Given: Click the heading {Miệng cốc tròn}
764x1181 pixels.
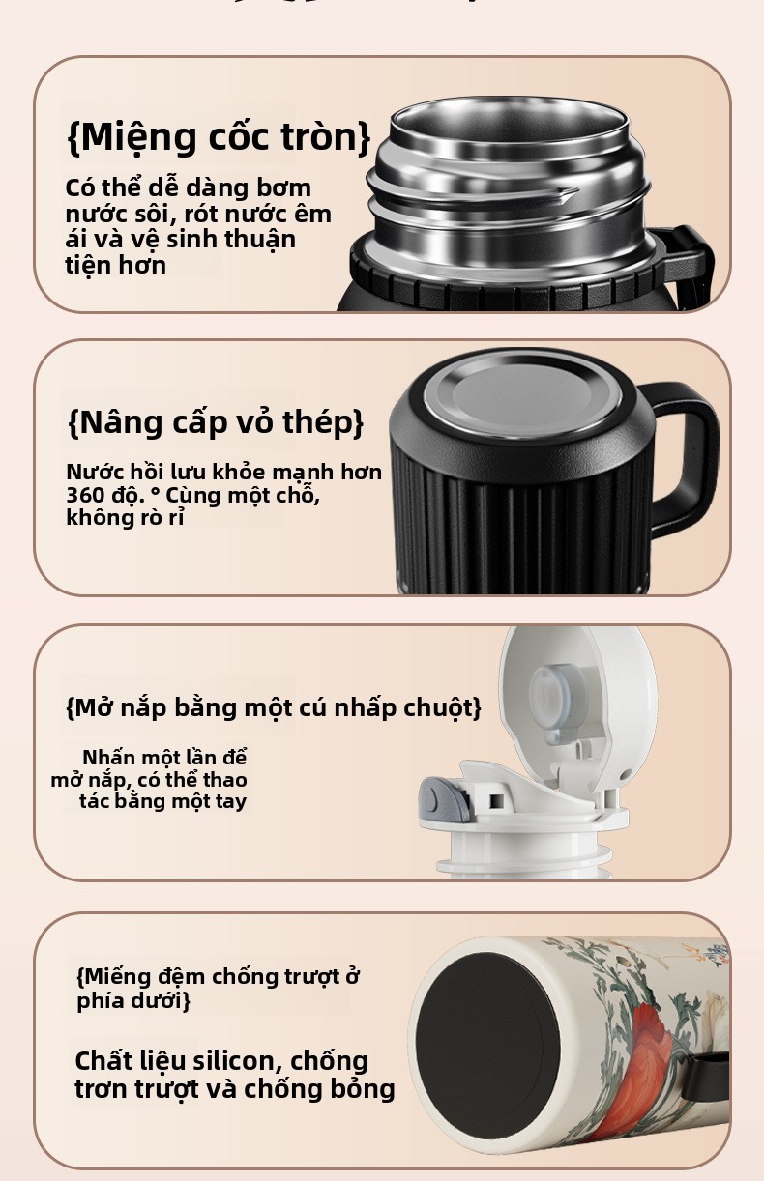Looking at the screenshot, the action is click(219, 136).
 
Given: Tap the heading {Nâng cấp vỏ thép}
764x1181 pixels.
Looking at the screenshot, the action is click(216, 422).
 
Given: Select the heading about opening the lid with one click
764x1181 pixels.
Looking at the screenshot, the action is click(274, 707).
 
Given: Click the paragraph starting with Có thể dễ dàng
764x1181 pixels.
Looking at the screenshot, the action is click(198, 226).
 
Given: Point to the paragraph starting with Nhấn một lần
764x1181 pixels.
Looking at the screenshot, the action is click(149, 779).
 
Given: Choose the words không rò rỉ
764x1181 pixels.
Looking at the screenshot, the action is click(126, 517).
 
